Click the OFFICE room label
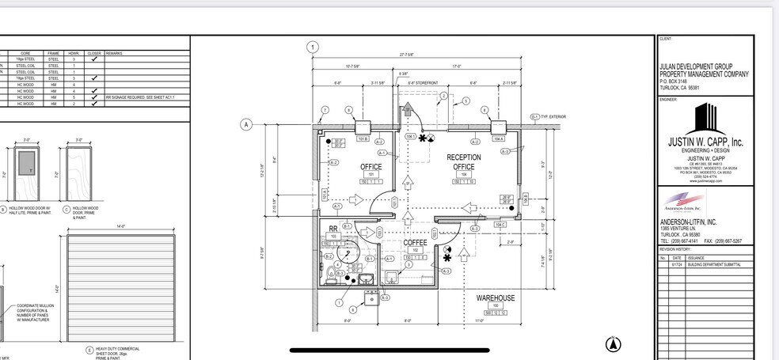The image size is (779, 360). pos(371,167)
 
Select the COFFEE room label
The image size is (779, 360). pos(416,243)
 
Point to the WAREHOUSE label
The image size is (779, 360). pos(496,298)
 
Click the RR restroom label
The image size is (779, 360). pos(333,229)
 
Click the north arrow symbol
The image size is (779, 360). pos(614,343)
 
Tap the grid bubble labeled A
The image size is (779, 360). pos(246,124)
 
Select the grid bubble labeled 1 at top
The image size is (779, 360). pos(313,47)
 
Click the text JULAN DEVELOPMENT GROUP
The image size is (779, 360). pos(696,66)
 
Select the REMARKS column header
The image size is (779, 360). pos(113,54)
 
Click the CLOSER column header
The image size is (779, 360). pos(93,54)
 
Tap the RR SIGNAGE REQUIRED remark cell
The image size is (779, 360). pos(140,97)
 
